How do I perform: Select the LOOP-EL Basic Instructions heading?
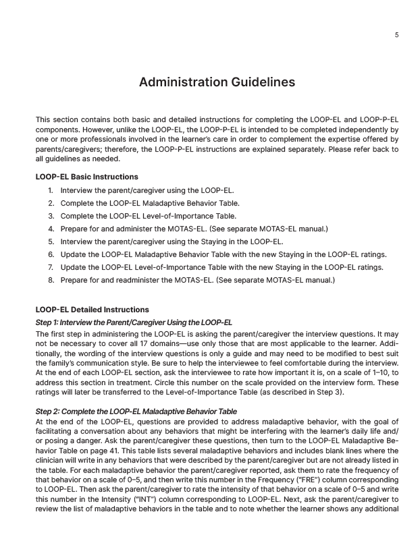coord(87,177)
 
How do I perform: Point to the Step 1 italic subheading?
coord(134,322)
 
